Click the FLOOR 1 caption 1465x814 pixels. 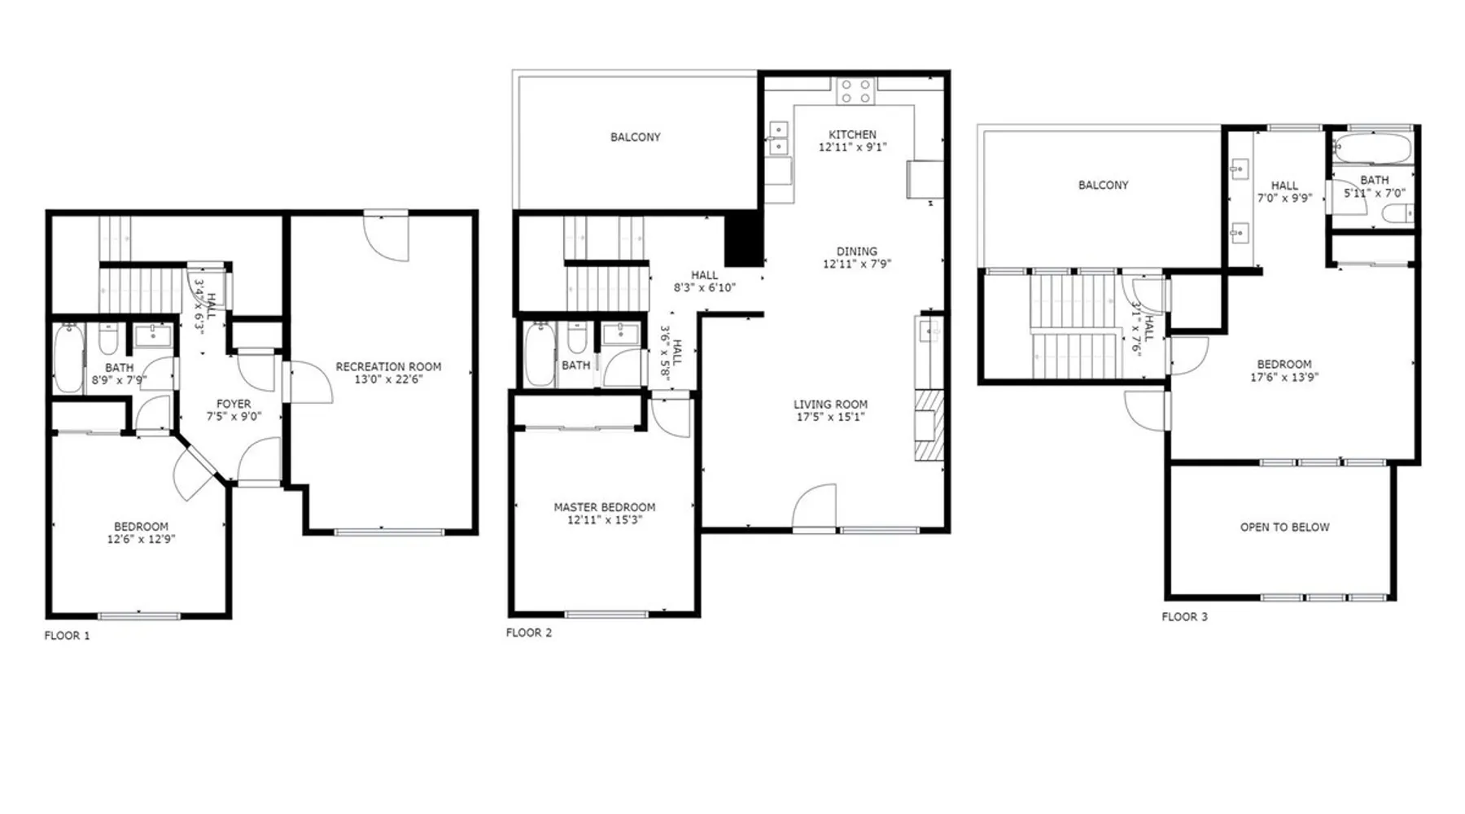click(67, 636)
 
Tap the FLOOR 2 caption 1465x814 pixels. click(529, 632)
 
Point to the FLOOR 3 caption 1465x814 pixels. click(1184, 617)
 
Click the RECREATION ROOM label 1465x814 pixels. click(388, 367)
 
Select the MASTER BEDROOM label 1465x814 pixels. click(605, 507)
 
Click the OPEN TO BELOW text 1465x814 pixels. click(1284, 527)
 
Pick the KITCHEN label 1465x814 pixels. click(852, 134)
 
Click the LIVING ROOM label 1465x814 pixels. click(830, 405)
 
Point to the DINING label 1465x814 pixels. click(857, 252)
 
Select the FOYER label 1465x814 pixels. click(234, 404)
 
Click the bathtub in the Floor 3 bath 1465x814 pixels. click(1373, 148)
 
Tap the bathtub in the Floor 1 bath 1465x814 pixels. click(68, 358)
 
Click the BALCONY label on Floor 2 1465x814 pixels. click(636, 137)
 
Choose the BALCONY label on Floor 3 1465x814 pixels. click(1103, 185)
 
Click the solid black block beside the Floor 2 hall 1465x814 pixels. click(743, 238)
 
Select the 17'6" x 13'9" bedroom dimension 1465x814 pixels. click(1284, 378)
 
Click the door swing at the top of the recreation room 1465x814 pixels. click(386, 237)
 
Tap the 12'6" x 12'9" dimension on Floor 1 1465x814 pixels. click(141, 539)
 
